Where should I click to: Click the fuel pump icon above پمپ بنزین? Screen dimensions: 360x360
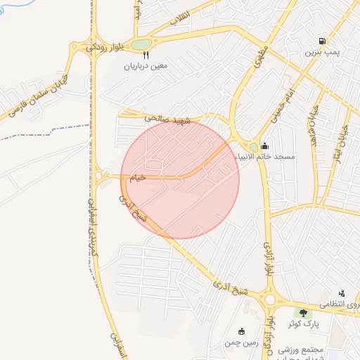(x=322, y=41)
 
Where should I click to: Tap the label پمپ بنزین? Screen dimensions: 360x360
(x=322, y=53)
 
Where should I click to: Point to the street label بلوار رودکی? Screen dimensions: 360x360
(x=105, y=47)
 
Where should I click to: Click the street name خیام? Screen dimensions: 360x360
(x=137, y=178)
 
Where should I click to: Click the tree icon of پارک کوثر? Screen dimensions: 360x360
(x=303, y=313)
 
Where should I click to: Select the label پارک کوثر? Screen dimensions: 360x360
(x=303, y=324)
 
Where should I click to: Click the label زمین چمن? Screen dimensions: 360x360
(x=243, y=342)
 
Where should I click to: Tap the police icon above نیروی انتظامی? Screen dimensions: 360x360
(x=342, y=293)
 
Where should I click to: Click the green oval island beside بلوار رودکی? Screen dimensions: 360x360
(x=142, y=44)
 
